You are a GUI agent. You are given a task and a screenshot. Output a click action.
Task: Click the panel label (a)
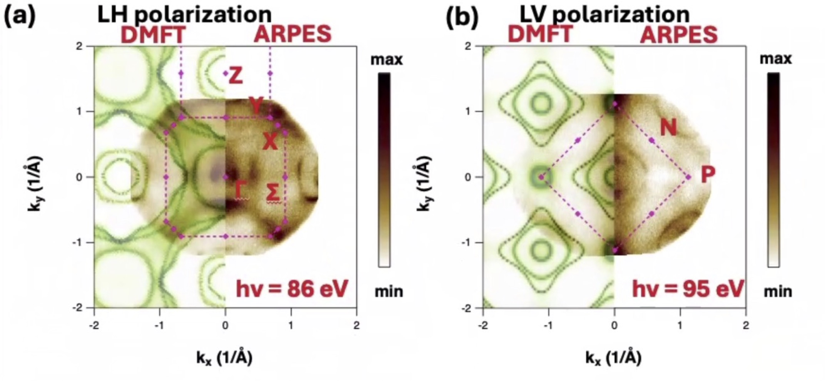coord(19,17)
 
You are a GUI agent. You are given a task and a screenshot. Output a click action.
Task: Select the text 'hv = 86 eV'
coord(292,289)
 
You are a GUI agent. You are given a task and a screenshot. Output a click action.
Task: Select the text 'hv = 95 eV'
coord(687,289)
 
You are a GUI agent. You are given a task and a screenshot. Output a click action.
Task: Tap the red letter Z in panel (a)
coord(235,76)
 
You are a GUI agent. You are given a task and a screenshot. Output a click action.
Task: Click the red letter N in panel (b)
coord(668,128)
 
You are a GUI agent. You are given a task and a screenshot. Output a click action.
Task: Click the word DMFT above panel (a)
coord(152,35)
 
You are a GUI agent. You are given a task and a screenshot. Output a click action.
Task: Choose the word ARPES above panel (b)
coord(679,35)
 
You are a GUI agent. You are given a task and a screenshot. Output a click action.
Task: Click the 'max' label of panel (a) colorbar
coord(387,60)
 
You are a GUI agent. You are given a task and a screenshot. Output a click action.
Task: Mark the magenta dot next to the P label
coord(688,177)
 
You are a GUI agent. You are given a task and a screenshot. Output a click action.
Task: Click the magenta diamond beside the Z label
coord(225,73)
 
